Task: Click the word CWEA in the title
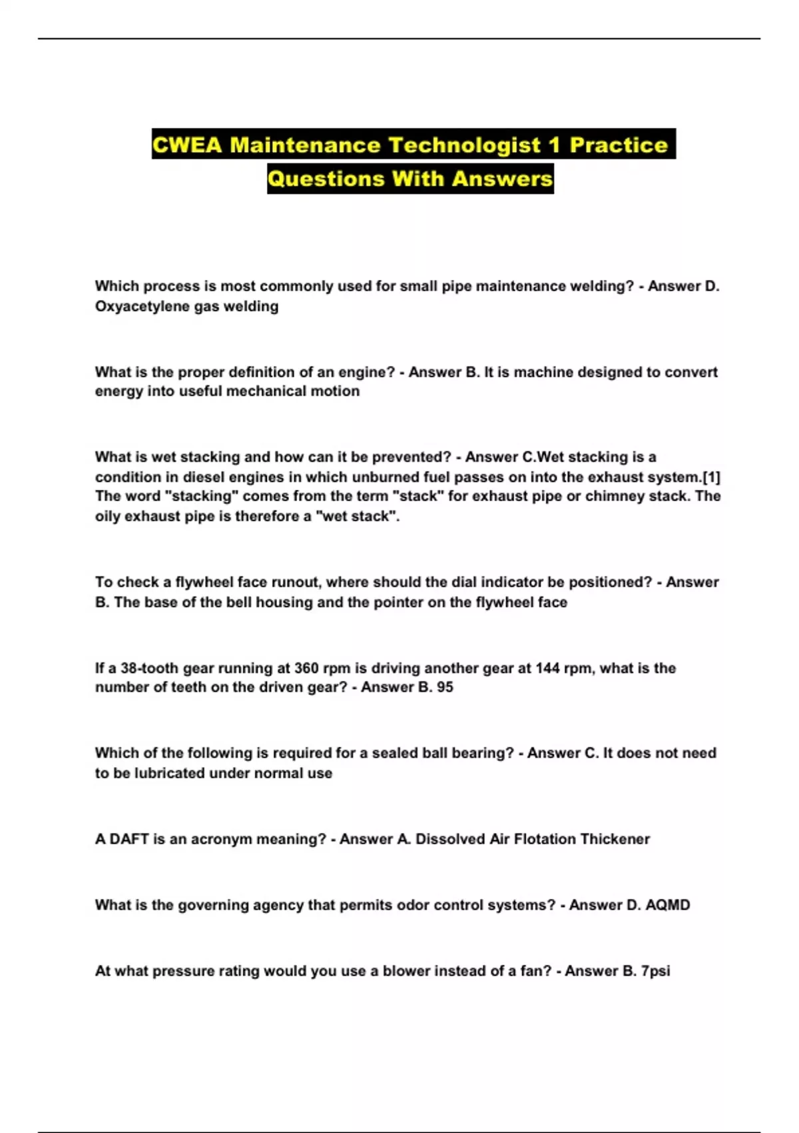187,145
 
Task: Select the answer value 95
445,687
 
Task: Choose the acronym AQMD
668,905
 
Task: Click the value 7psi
655,971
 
